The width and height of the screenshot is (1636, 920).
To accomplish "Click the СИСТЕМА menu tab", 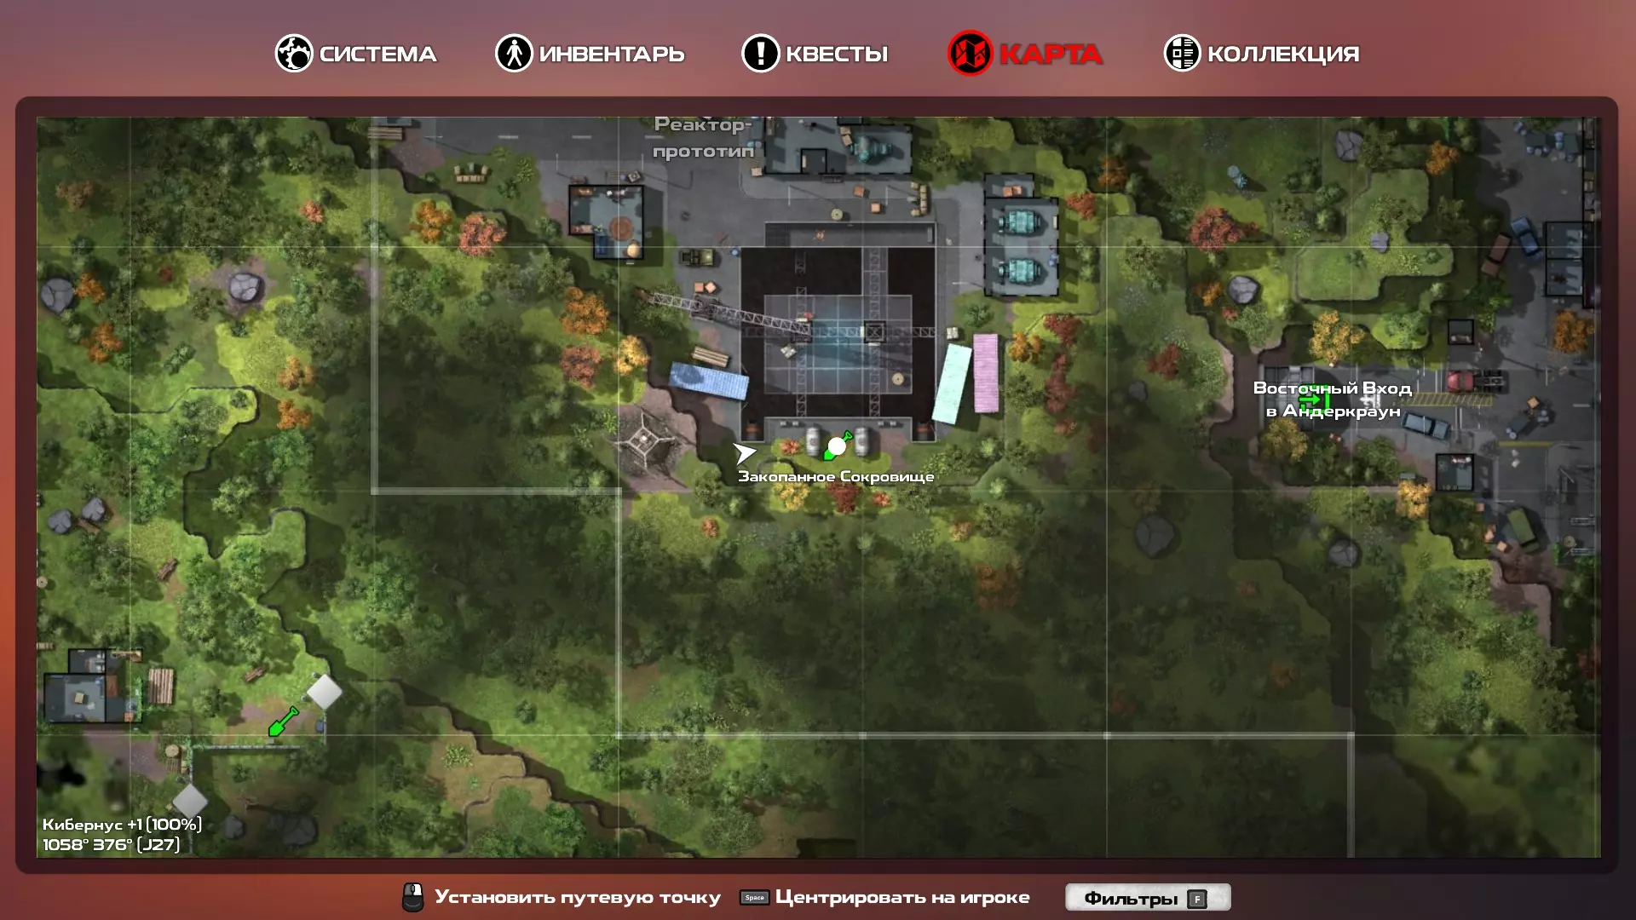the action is point(355,54).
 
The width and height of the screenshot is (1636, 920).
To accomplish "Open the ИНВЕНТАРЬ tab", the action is point(590,54).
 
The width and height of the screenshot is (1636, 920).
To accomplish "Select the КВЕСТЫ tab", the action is point(815,54).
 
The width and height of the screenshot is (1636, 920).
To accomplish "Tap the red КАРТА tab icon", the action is point(970,53).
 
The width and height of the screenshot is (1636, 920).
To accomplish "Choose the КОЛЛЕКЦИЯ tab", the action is point(1262,54).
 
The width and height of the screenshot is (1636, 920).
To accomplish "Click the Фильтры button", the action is point(1148,897).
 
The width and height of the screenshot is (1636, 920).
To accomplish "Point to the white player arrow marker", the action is point(744,453).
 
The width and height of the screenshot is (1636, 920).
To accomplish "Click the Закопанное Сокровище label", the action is point(836,477).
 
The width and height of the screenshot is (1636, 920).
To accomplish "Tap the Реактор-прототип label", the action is point(703,138).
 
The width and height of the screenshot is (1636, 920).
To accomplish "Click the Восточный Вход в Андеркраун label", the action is point(1333,400).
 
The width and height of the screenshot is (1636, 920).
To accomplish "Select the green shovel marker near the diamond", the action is point(283,722).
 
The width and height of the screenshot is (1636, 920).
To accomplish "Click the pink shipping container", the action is point(986,373).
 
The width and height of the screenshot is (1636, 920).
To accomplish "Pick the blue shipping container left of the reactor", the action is point(709,381).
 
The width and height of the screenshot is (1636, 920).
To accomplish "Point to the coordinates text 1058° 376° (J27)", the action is point(111,845).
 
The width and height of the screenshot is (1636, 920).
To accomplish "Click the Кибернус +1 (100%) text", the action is point(122,825).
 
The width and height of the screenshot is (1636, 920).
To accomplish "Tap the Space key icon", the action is point(754,897).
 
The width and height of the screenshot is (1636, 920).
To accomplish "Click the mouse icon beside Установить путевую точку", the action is point(412,897).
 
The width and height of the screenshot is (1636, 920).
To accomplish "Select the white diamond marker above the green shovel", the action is point(324,692).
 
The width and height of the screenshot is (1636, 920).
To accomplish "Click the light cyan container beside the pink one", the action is point(952,383).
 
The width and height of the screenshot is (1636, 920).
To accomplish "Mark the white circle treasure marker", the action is point(837,446).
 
